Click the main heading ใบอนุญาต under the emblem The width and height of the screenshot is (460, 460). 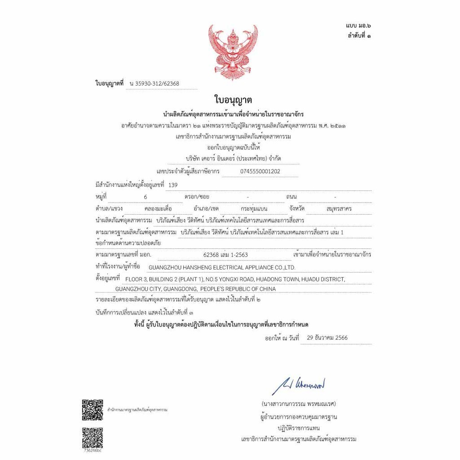tap(233, 100)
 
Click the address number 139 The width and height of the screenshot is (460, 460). tap(172, 185)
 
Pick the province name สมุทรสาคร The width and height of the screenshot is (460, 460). tap(339, 209)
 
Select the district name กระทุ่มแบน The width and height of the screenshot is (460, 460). tap(254, 209)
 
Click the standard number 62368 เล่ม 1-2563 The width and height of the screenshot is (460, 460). tap(226, 255)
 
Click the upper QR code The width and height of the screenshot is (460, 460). tap(93, 409)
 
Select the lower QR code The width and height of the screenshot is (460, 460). tap(93, 438)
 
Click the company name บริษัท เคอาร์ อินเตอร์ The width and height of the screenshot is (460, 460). tap(233, 159)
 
